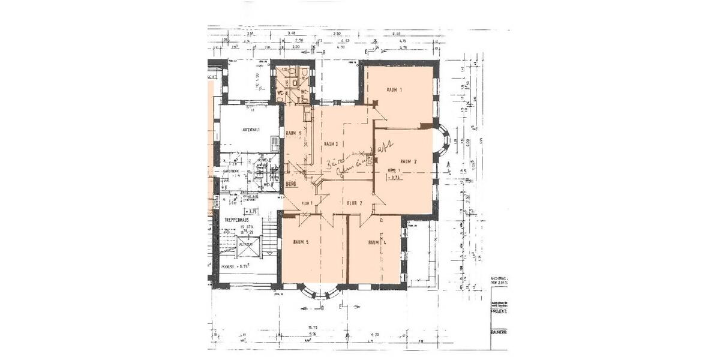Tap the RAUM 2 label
click(x=408, y=161)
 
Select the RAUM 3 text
click(x=332, y=144)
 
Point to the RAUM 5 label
click(x=301, y=242)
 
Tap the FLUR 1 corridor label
click(x=308, y=203)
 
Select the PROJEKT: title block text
click(x=499, y=313)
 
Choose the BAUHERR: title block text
click(x=499, y=331)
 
